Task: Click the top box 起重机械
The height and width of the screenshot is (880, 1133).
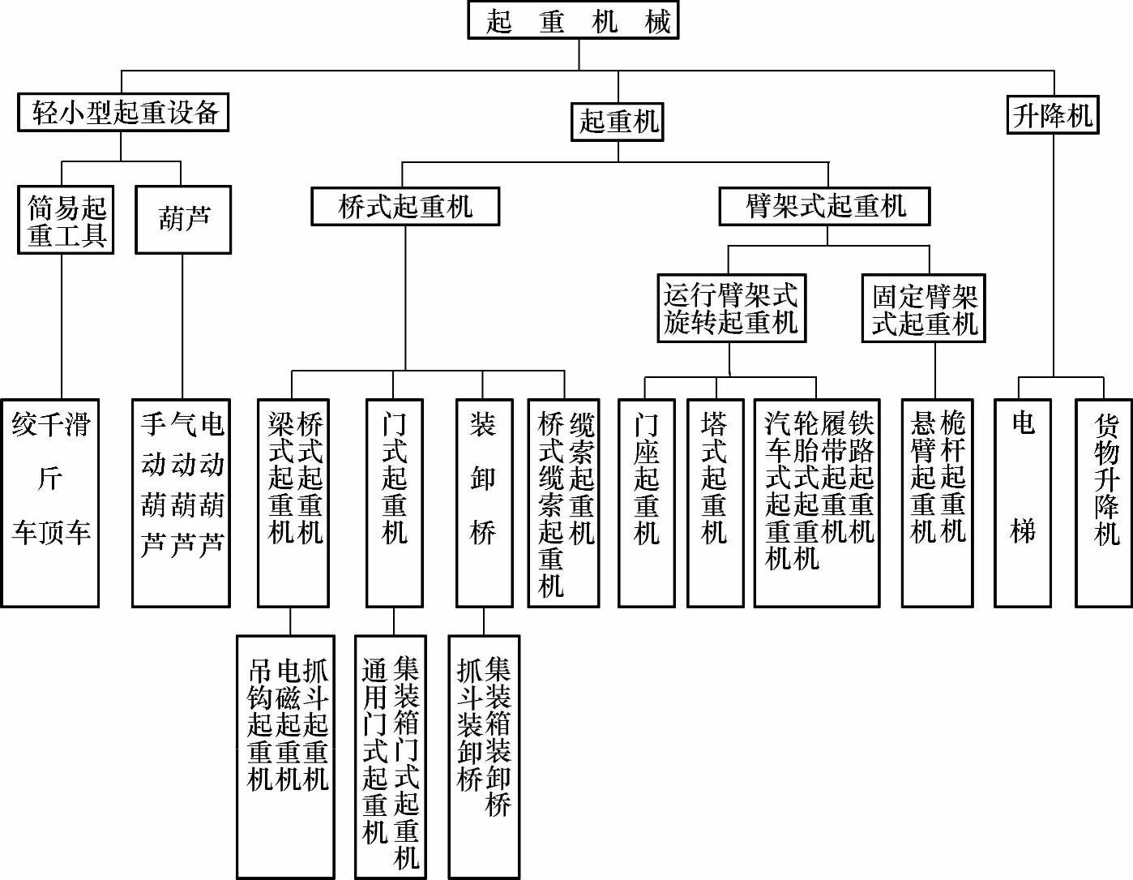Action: point(573,20)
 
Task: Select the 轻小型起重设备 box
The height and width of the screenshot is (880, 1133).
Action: point(123,112)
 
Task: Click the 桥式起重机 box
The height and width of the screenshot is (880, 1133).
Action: point(405,207)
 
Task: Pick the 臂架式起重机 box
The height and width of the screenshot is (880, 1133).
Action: point(825,206)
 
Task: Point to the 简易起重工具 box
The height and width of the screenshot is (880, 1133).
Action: point(66,220)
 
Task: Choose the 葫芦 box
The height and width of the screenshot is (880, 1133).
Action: point(183,220)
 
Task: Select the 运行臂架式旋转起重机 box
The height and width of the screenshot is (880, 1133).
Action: point(731,308)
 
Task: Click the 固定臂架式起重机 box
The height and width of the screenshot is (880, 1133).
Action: point(923,308)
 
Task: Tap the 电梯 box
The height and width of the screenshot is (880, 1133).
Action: point(1023,503)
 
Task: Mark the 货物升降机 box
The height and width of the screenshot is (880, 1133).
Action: point(1105,503)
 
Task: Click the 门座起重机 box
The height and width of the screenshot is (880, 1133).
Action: point(646,503)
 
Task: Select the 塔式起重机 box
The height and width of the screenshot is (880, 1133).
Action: point(715,503)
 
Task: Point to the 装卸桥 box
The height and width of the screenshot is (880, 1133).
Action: point(484,503)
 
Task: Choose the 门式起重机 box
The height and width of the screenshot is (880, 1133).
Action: point(395,503)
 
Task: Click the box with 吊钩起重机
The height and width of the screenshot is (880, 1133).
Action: point(285,756)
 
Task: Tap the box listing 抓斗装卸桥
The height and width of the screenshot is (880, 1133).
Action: point(484,756)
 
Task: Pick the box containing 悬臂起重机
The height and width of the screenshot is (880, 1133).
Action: point(937,503)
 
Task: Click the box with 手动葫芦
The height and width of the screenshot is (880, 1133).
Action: point(182,503)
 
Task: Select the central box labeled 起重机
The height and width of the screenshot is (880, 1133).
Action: point(618,122)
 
